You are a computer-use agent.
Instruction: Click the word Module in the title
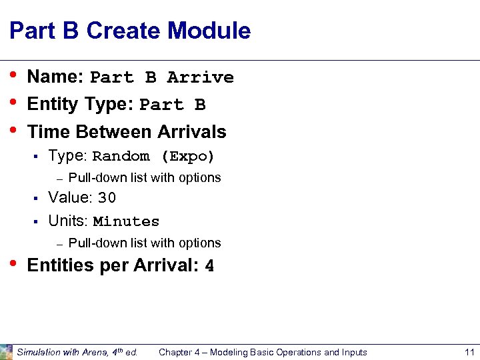[x=209, y=31]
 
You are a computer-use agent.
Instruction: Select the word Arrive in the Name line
[x=200, y=77]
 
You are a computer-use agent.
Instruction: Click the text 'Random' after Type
[x=121, y=157]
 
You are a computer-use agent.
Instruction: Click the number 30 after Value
[x=107, y=198]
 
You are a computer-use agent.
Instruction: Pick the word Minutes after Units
[x=126, y=221]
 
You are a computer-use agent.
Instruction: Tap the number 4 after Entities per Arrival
[x=209, y=266]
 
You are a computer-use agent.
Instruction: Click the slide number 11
[x=469, y=352]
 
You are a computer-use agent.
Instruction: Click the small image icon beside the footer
[x=6, y=351]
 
